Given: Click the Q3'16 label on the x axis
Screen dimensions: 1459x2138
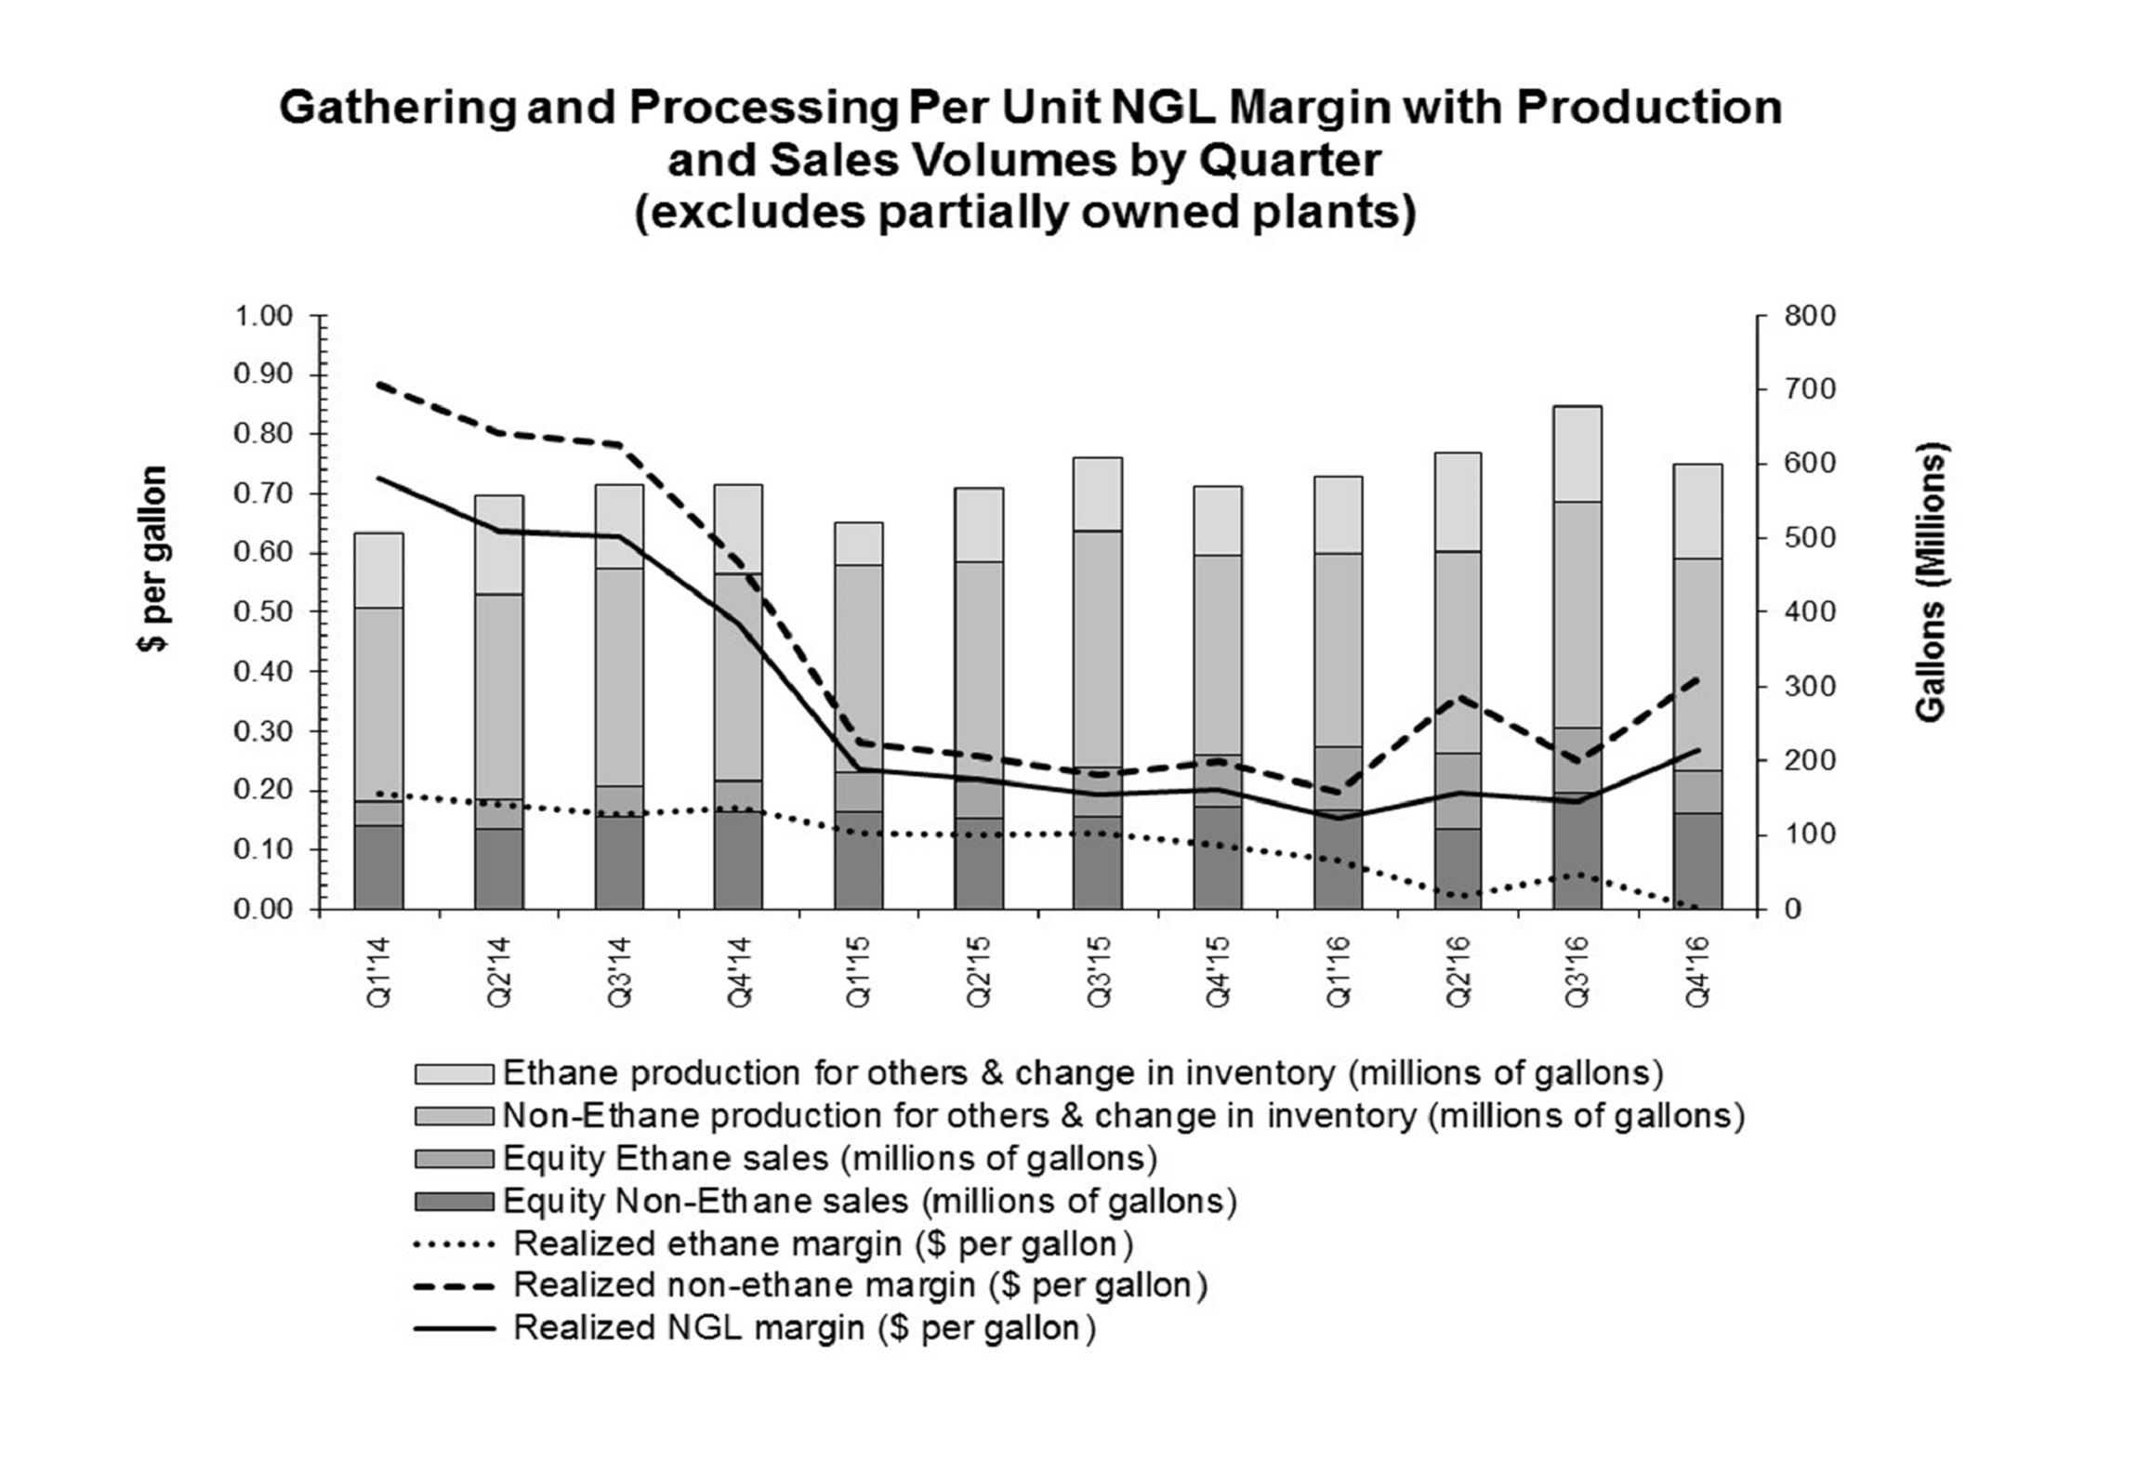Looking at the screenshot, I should click(x=1577, y=973).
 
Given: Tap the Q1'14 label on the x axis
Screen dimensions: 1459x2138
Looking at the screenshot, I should click(x=379, y=973).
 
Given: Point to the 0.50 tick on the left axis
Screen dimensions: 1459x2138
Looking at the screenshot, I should click(x=263, y=612).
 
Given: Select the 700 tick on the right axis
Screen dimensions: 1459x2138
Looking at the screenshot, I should click(x=1810, y=389).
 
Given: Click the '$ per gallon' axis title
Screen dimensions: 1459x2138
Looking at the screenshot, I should click(x=152, y=559).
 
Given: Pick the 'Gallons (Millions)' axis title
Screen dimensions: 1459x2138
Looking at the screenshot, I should click(x=1930, y=586).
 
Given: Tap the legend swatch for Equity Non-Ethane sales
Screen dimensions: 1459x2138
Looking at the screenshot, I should click(x=454, y=1202).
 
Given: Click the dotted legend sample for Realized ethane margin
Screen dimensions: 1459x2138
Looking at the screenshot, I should click(x=454, y=1244).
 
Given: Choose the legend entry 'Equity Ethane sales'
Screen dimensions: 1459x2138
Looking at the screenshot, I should click(x=829, y=1159).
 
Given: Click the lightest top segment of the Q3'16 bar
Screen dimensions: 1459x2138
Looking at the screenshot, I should click(x=1577, y=453).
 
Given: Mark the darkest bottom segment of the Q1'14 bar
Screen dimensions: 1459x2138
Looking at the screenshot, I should click(x=379, y=866).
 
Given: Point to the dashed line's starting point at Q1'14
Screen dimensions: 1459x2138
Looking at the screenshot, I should click(x=379, y=383).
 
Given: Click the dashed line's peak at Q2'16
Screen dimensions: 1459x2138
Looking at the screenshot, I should click(x=1458, y=696).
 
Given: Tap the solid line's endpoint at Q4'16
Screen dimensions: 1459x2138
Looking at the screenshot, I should click(x=1698, y=750).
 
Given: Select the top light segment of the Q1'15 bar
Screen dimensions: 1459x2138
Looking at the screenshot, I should click(x=858, y=544).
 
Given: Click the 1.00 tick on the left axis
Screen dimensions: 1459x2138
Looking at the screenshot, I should click(x=263, y=316).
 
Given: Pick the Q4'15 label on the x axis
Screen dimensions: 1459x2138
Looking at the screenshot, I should click(x=1218, y=973).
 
